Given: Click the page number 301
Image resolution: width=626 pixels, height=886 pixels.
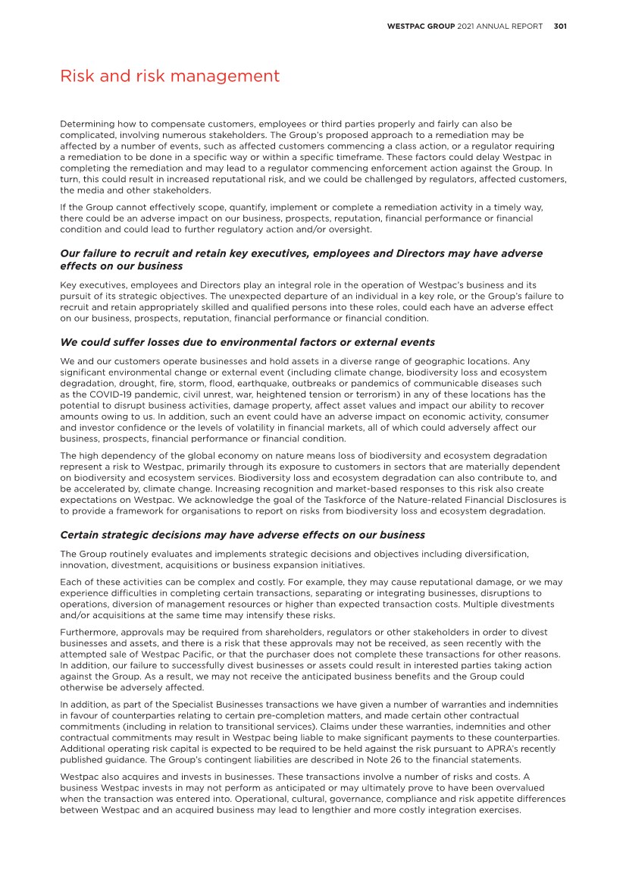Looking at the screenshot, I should [560, 26].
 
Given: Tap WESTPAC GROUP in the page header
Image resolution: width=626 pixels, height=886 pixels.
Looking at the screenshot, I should [421, 26].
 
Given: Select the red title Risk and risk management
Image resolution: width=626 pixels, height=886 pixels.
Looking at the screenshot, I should [170, 77].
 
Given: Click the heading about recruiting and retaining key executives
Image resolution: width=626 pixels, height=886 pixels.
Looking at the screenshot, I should [301, 259].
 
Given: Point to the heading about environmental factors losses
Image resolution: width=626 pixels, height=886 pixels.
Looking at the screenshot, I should [247, 342].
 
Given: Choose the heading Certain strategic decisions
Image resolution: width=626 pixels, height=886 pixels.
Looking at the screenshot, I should [243, 535].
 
